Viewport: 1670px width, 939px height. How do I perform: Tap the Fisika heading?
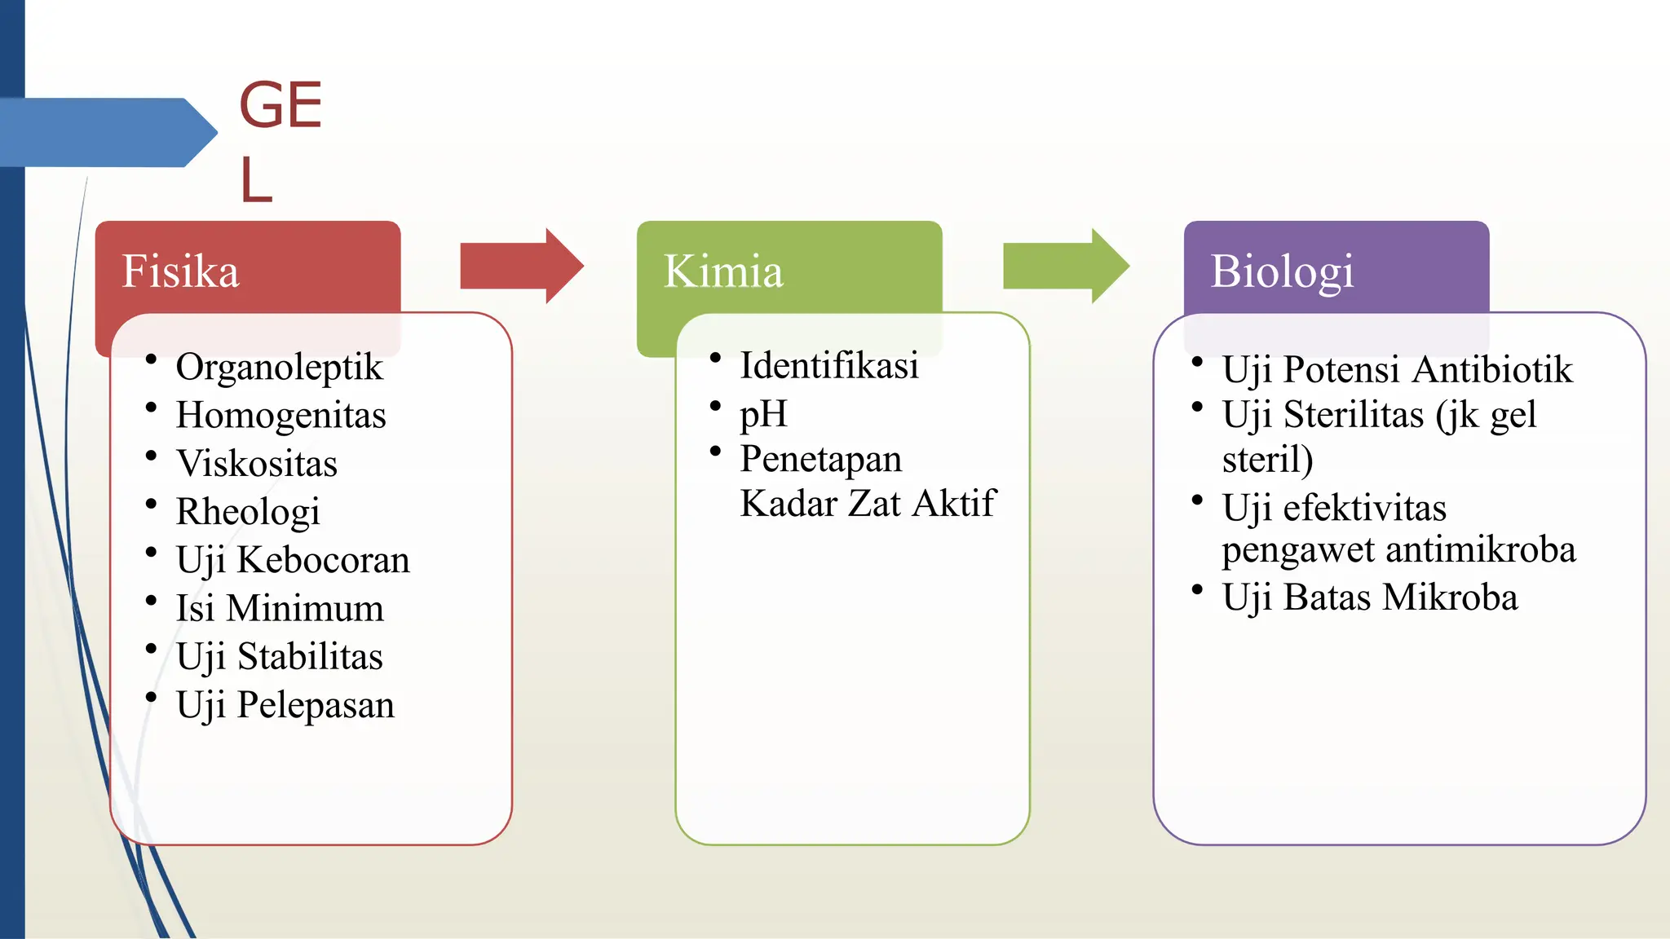(x=180, y=271)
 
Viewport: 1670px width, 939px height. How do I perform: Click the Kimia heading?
(x=723, y=271)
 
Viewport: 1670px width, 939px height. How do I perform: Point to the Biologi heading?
(x=1282, y=271)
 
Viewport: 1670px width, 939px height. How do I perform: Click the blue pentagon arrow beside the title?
(x=106, y=132)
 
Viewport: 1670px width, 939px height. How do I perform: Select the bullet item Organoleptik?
(x=279, y=367)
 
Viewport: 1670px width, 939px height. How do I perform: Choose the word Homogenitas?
(x=281, y=415)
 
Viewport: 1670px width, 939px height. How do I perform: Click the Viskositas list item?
(x=257, y=463)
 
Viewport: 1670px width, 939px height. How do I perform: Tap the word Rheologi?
(x=248, y=512)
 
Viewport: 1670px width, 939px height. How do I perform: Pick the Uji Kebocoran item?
(x=293, y=560)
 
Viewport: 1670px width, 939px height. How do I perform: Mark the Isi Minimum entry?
(x=280, y=608)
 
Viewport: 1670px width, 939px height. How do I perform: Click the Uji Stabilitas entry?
(x=280, y=656)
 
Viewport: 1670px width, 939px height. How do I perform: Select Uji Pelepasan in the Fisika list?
(x=285, y=705)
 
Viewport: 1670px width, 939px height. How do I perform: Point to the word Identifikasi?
(x=828, y=365)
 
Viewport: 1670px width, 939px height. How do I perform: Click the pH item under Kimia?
(x=763, y=413)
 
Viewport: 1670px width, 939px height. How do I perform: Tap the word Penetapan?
(x=820, y=459)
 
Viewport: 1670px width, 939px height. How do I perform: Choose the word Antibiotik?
(x=1491, y=369)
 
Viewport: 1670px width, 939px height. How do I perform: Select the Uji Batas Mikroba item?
(x=1370, y=597)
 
